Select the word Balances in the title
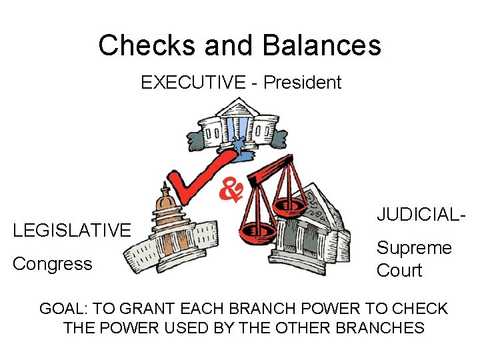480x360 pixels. [322, 45]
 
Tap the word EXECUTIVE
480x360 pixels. [193, 83]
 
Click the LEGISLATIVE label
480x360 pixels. [72, 231]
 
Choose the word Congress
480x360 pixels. [53, 264]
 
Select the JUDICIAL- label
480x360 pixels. [420, 215]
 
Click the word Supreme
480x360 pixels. [414, 248]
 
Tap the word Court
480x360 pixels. [399, 271]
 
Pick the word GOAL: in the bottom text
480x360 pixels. [64, 309]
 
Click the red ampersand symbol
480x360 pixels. [230, 191]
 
